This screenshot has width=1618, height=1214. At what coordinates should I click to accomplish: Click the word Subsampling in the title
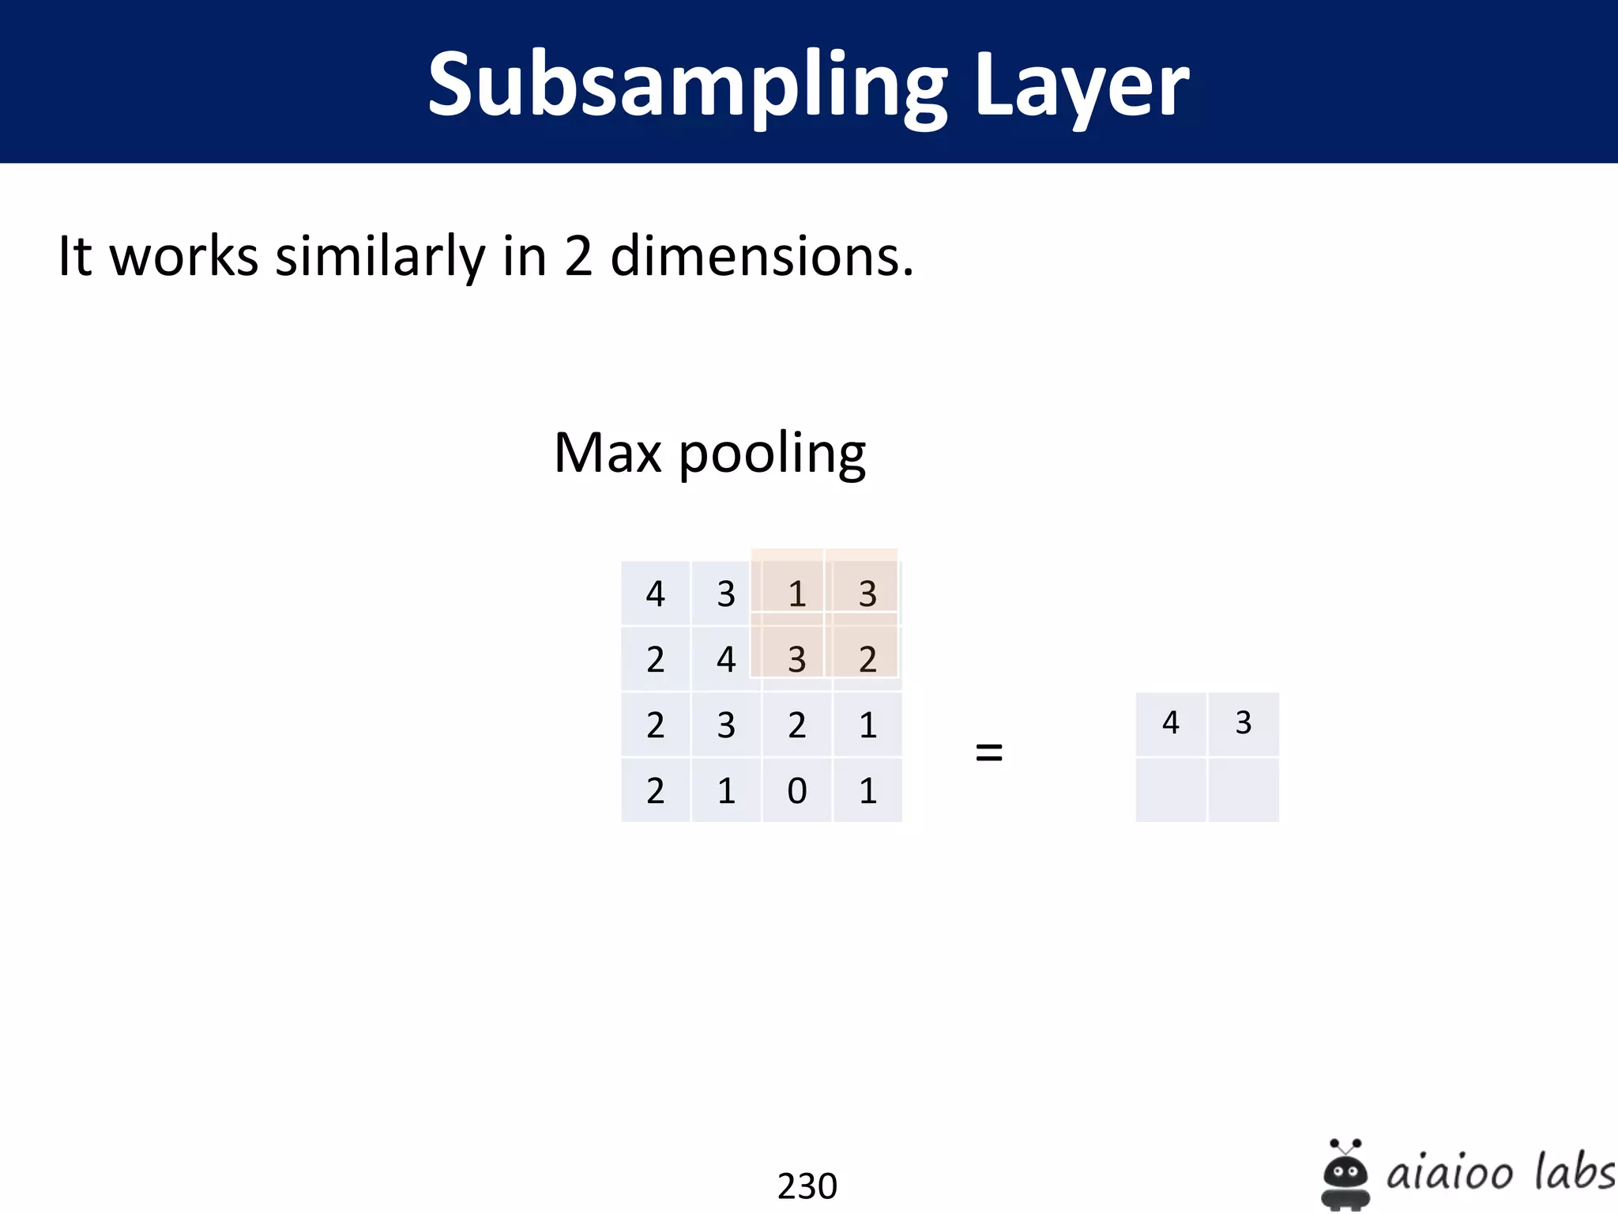(x=687, y=85)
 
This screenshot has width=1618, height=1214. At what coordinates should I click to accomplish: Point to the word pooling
(x=772, y=454)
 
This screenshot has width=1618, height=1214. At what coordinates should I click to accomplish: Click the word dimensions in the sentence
(x=762, y=256)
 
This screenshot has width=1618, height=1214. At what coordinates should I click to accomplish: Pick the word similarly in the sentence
(x=379, y=256)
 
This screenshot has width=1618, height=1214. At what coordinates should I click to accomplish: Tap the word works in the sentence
(x=183, y=256)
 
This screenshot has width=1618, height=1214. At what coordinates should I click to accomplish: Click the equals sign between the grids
(x=989, y=752)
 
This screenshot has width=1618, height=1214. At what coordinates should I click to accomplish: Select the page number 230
(x=807, y=1186)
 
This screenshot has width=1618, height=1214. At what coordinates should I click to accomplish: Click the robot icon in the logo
(x=1345, y=1173)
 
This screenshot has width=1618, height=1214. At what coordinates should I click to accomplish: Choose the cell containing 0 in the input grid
(x=797, y=790)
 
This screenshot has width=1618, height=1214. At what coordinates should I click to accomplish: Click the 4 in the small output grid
(x=1171, y=722)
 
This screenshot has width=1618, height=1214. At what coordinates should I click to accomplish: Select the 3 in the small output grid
(x=1244, y=722)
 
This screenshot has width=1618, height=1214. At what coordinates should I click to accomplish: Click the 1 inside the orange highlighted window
(x=797, y=594)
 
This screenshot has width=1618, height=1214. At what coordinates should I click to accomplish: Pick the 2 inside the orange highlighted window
(x=867, y=659)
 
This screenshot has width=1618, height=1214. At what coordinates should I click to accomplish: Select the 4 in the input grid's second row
(x=726, y=659)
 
